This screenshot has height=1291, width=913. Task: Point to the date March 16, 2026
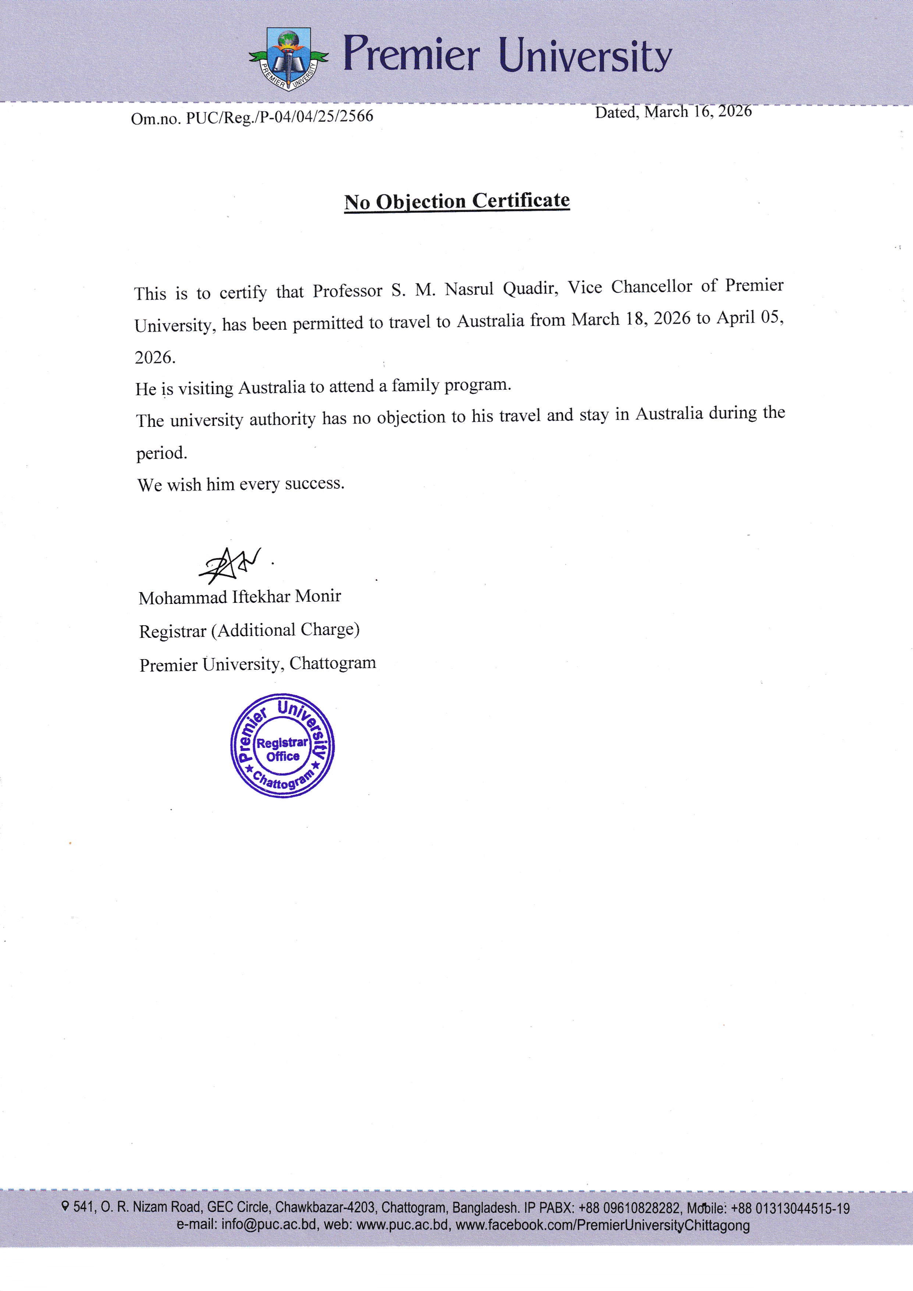click(698, 112)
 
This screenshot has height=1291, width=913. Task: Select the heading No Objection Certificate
click(457, 201)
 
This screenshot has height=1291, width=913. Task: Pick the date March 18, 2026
click(631, 319)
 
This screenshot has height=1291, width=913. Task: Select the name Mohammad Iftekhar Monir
click(240, 597)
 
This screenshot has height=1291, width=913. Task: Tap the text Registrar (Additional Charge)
click(249, 630)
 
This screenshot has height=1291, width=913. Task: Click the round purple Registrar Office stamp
click(282, 745)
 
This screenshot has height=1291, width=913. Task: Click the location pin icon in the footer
click(66, 1206)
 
